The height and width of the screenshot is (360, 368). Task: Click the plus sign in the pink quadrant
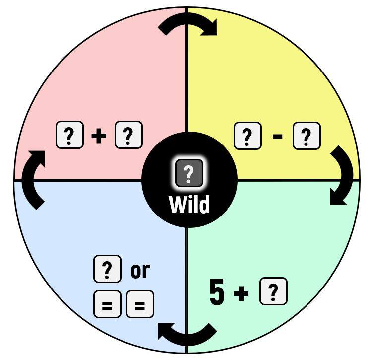point(99,136)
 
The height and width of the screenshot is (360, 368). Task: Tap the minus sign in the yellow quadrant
point(278,136)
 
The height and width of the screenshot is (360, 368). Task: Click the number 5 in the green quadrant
point(217,292)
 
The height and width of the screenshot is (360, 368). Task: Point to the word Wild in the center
point(189,204)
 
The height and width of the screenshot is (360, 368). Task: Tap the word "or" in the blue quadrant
point(139,271)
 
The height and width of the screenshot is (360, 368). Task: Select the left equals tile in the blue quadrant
point(107,304)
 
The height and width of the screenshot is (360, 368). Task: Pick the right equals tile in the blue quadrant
point(140,304)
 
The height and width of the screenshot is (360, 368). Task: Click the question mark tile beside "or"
point(107,270)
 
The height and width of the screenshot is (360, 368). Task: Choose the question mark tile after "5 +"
point(273,291)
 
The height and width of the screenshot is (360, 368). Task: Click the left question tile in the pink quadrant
point(69,135)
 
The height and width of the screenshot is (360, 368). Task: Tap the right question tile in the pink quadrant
point(128,135)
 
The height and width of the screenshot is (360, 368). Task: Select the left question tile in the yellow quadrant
point(247,135)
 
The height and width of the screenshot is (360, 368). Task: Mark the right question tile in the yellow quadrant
point(307,135)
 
